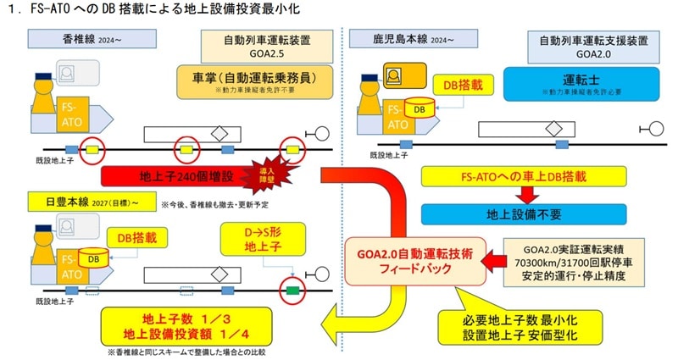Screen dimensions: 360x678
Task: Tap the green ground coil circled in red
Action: tap(292, 288)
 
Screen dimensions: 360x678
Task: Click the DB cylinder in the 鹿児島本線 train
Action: tap(416, 108)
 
